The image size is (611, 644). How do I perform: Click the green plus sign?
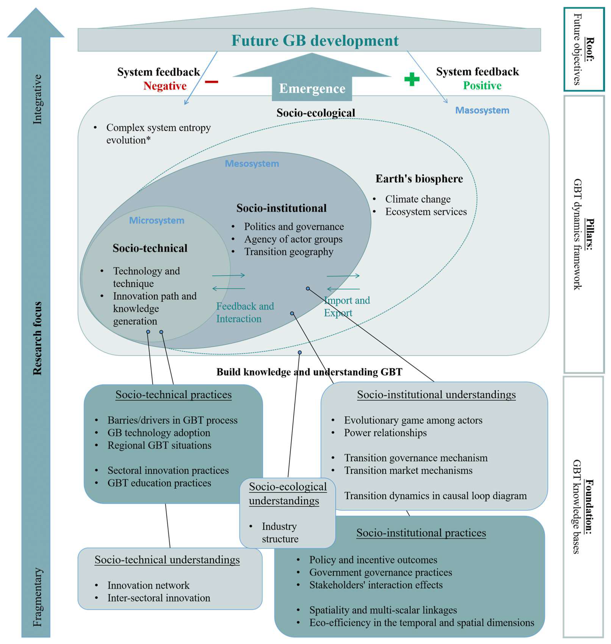[x=412, y=79]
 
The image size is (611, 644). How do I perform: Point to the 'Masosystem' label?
[x=482, y=110]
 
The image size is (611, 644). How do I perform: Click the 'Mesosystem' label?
[x=252, y=163]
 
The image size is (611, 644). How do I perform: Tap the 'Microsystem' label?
[x=157, y=221]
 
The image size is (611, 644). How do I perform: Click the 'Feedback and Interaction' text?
[x=245, y=312]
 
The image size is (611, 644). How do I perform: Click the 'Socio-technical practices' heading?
[x=173, y=395]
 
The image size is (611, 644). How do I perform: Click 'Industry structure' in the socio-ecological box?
[x=279, y=533]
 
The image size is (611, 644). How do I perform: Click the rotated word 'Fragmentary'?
[x=37, y=597]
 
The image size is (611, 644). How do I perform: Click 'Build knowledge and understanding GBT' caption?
[x=309, y=372]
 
